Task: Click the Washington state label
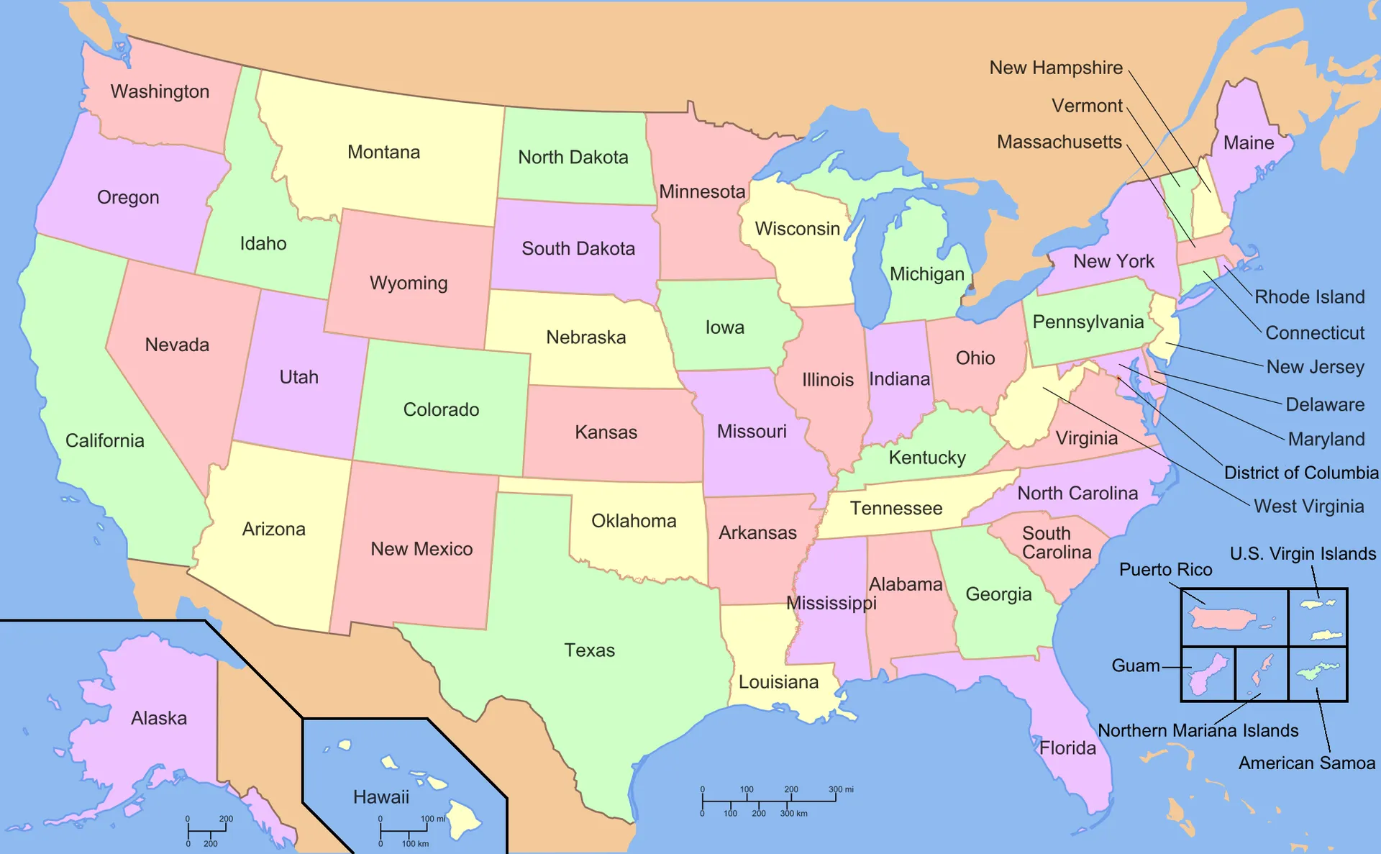pos(160,91)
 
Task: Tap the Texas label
pos(589,650)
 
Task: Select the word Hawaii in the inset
pos(380,797)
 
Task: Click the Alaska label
pos(158,718)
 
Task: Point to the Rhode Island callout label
pos(1309,297)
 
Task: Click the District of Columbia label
pos(1300,473)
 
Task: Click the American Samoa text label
pos(1306,763)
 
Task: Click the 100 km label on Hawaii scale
pos(415,844)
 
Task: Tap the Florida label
pos(1067,748)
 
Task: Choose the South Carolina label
pos(1056,543)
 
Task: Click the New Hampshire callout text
pos(1055,68)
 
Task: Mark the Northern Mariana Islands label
pos(1198,731)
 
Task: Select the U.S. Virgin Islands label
pos(1302,554)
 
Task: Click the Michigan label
pos(926,274)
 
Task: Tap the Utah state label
pos(298,377)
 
